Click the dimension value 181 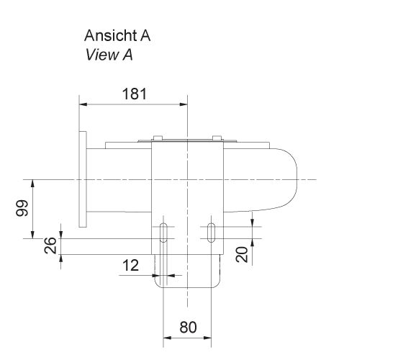(x=134, y=94)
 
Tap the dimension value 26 (x=50, y=246)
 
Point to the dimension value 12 (x=130, y=265)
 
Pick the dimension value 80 (x=188, y=328)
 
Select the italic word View (x=100, y=54)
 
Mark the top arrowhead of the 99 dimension (x=34, y=182)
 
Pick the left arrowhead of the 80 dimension (x=168, y=337)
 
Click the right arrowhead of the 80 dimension (x=208, y=337)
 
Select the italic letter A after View (x=128, y=54)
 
